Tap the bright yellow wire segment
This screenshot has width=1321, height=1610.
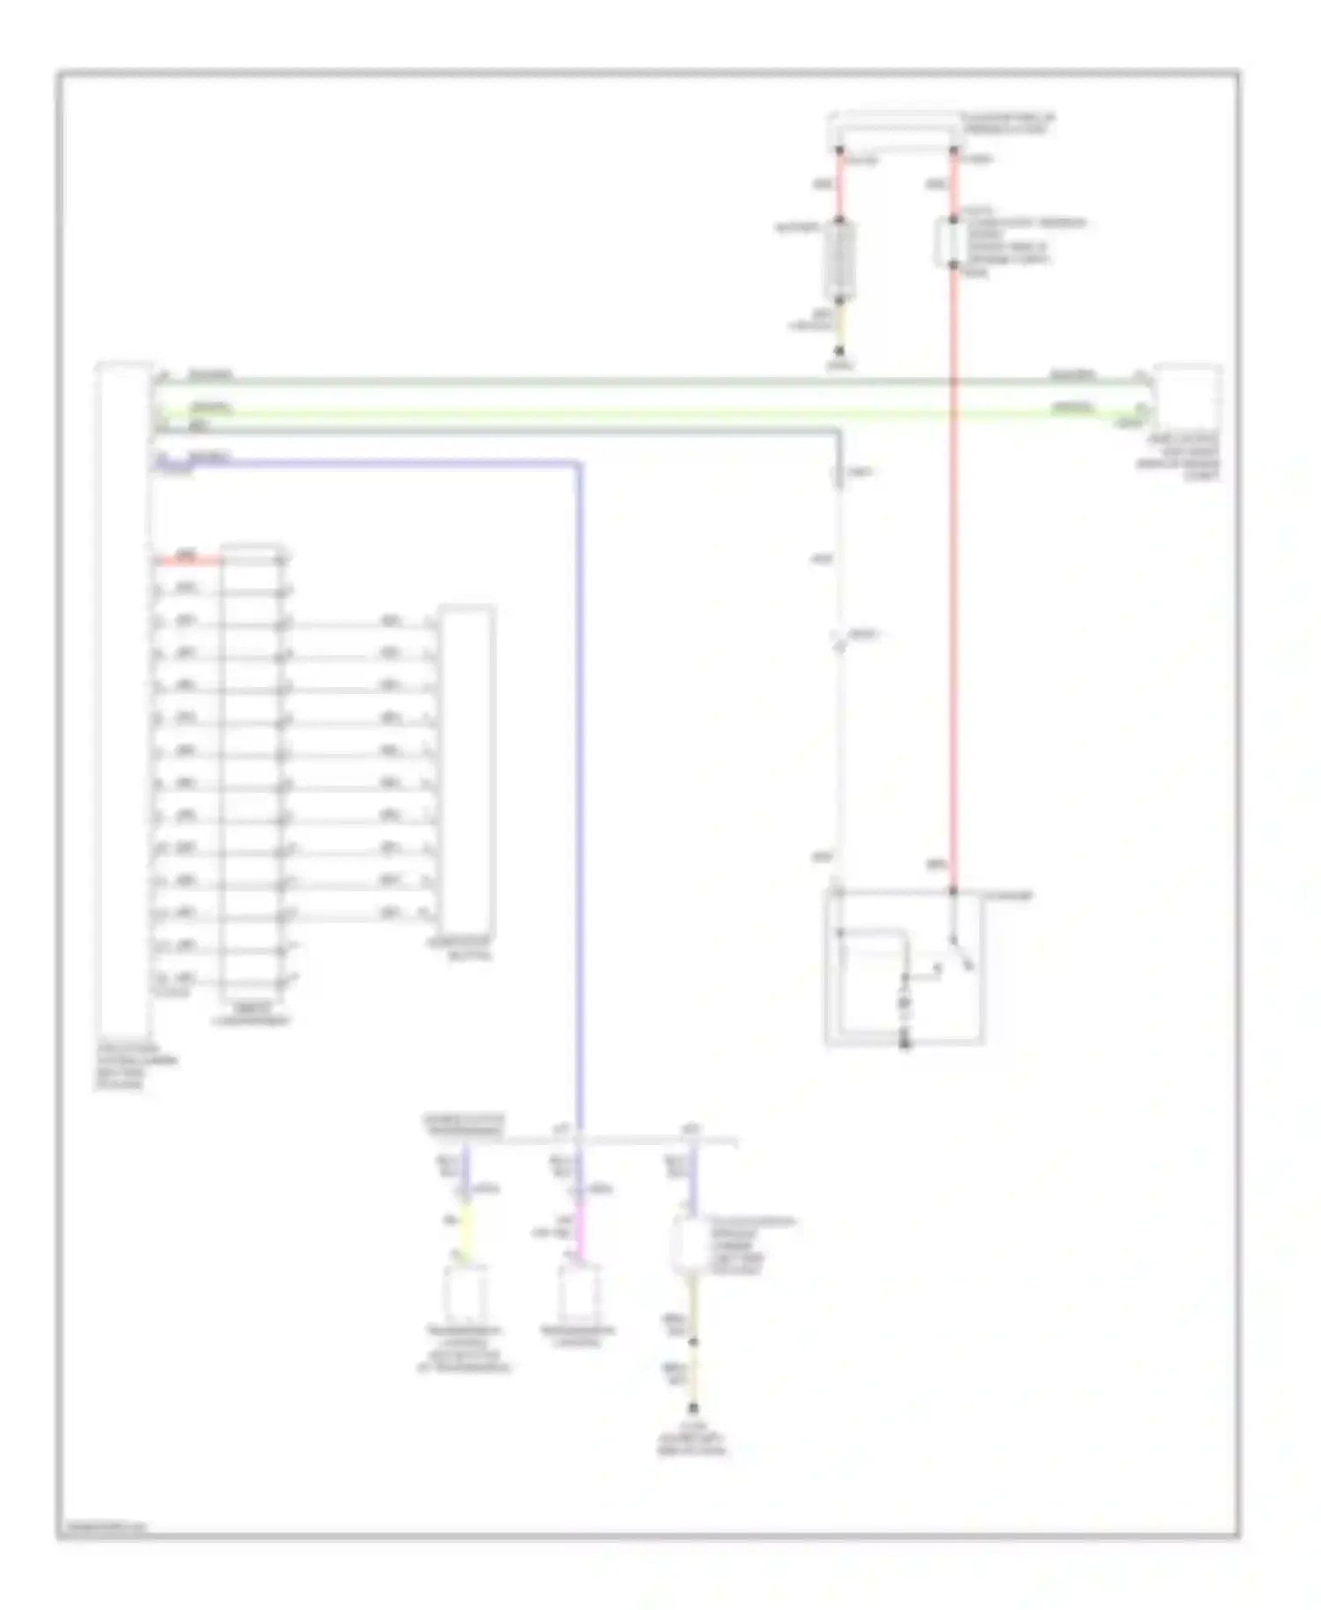[x=466, y=1228]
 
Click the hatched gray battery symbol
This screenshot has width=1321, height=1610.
[x=840, y=261]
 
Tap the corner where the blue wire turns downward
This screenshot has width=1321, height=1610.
[x=578, y=463]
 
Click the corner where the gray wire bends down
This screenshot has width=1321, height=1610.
[x=838, y=432]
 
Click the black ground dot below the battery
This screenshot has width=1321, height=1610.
[x=839, y=351]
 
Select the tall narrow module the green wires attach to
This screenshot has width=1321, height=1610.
[x=124, y=705]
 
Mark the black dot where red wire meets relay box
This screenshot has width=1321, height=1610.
[x=954, y=891]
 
